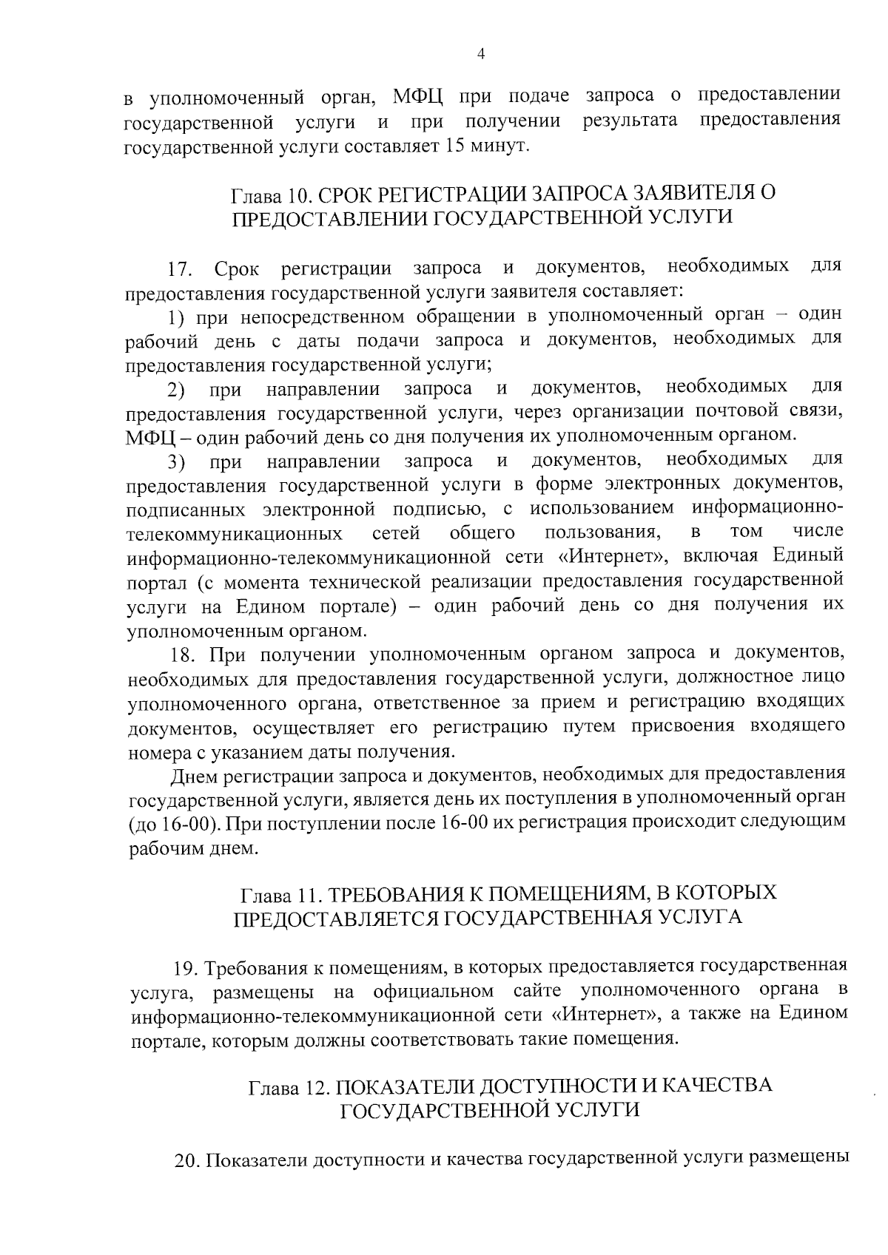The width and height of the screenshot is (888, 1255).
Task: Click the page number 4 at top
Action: [481, 54]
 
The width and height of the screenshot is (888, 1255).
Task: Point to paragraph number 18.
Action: [184, 654]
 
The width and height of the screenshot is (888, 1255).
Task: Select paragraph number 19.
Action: [184, 968]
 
